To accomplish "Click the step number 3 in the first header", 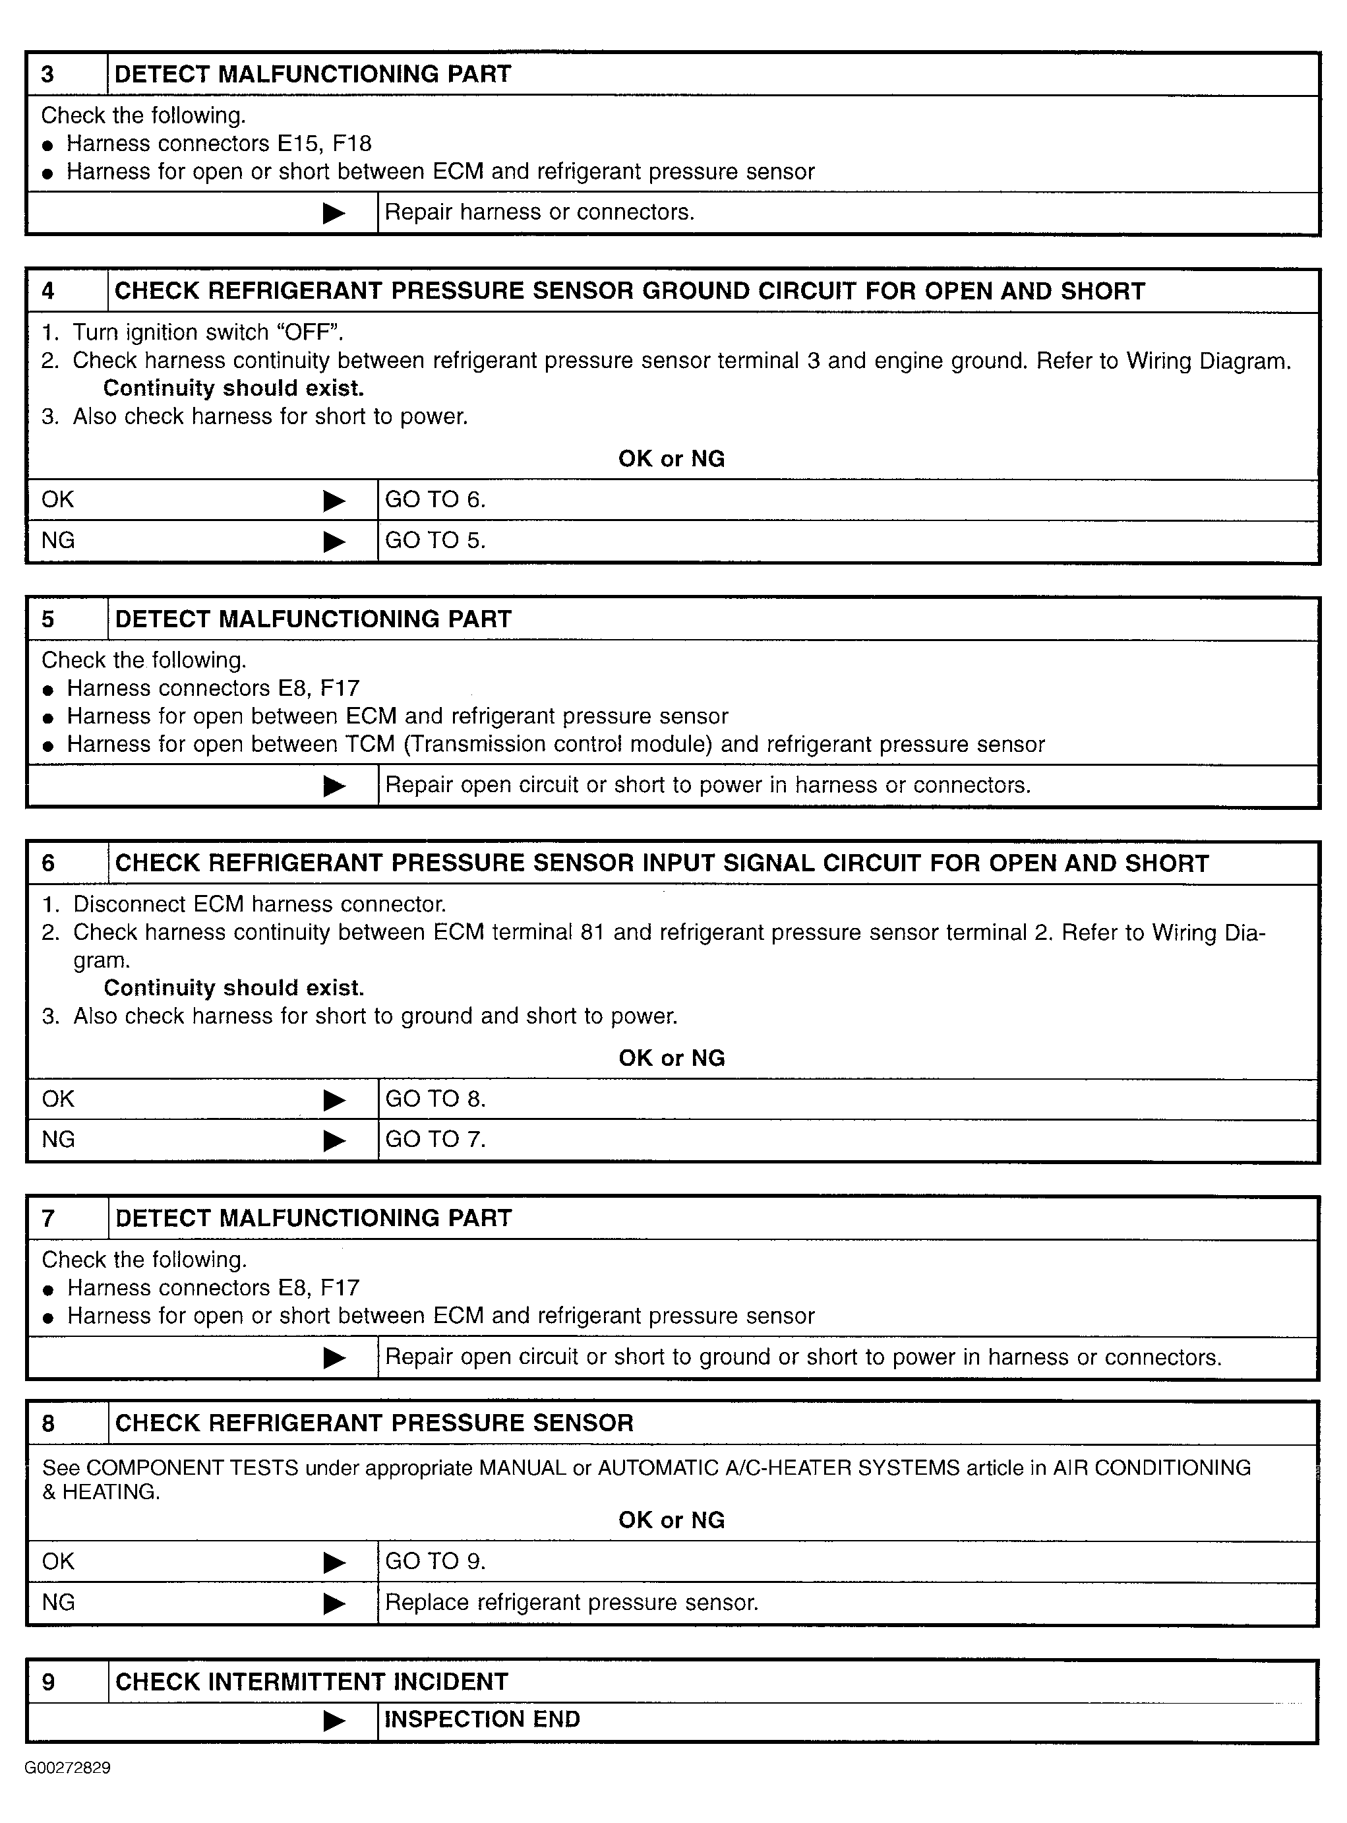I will coord(48,75).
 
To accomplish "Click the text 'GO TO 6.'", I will coord(434,499).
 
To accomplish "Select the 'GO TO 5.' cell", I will coord(434,540).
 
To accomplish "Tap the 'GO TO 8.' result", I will coord(434,1099).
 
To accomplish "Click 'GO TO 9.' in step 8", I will coord(434,1561).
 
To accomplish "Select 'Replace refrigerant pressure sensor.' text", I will coord(572,1602).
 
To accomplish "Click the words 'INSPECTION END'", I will coord(482,1719).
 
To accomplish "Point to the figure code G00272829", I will coord(68,1768).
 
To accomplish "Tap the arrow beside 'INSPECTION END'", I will coord(334,1720).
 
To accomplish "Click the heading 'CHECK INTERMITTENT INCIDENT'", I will coord(311,1681).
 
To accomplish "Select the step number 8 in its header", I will coord(48,1423).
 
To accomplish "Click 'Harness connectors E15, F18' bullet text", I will coord(218,144).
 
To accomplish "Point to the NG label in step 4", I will coord(58,540).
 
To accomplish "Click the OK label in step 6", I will coord(58,1099).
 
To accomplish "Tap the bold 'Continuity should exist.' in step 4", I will coord(233,388).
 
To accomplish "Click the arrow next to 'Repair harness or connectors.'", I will coord(334,213).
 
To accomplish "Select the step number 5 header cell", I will coord(48,619).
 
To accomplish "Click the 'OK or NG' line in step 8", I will coord(671,1520).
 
